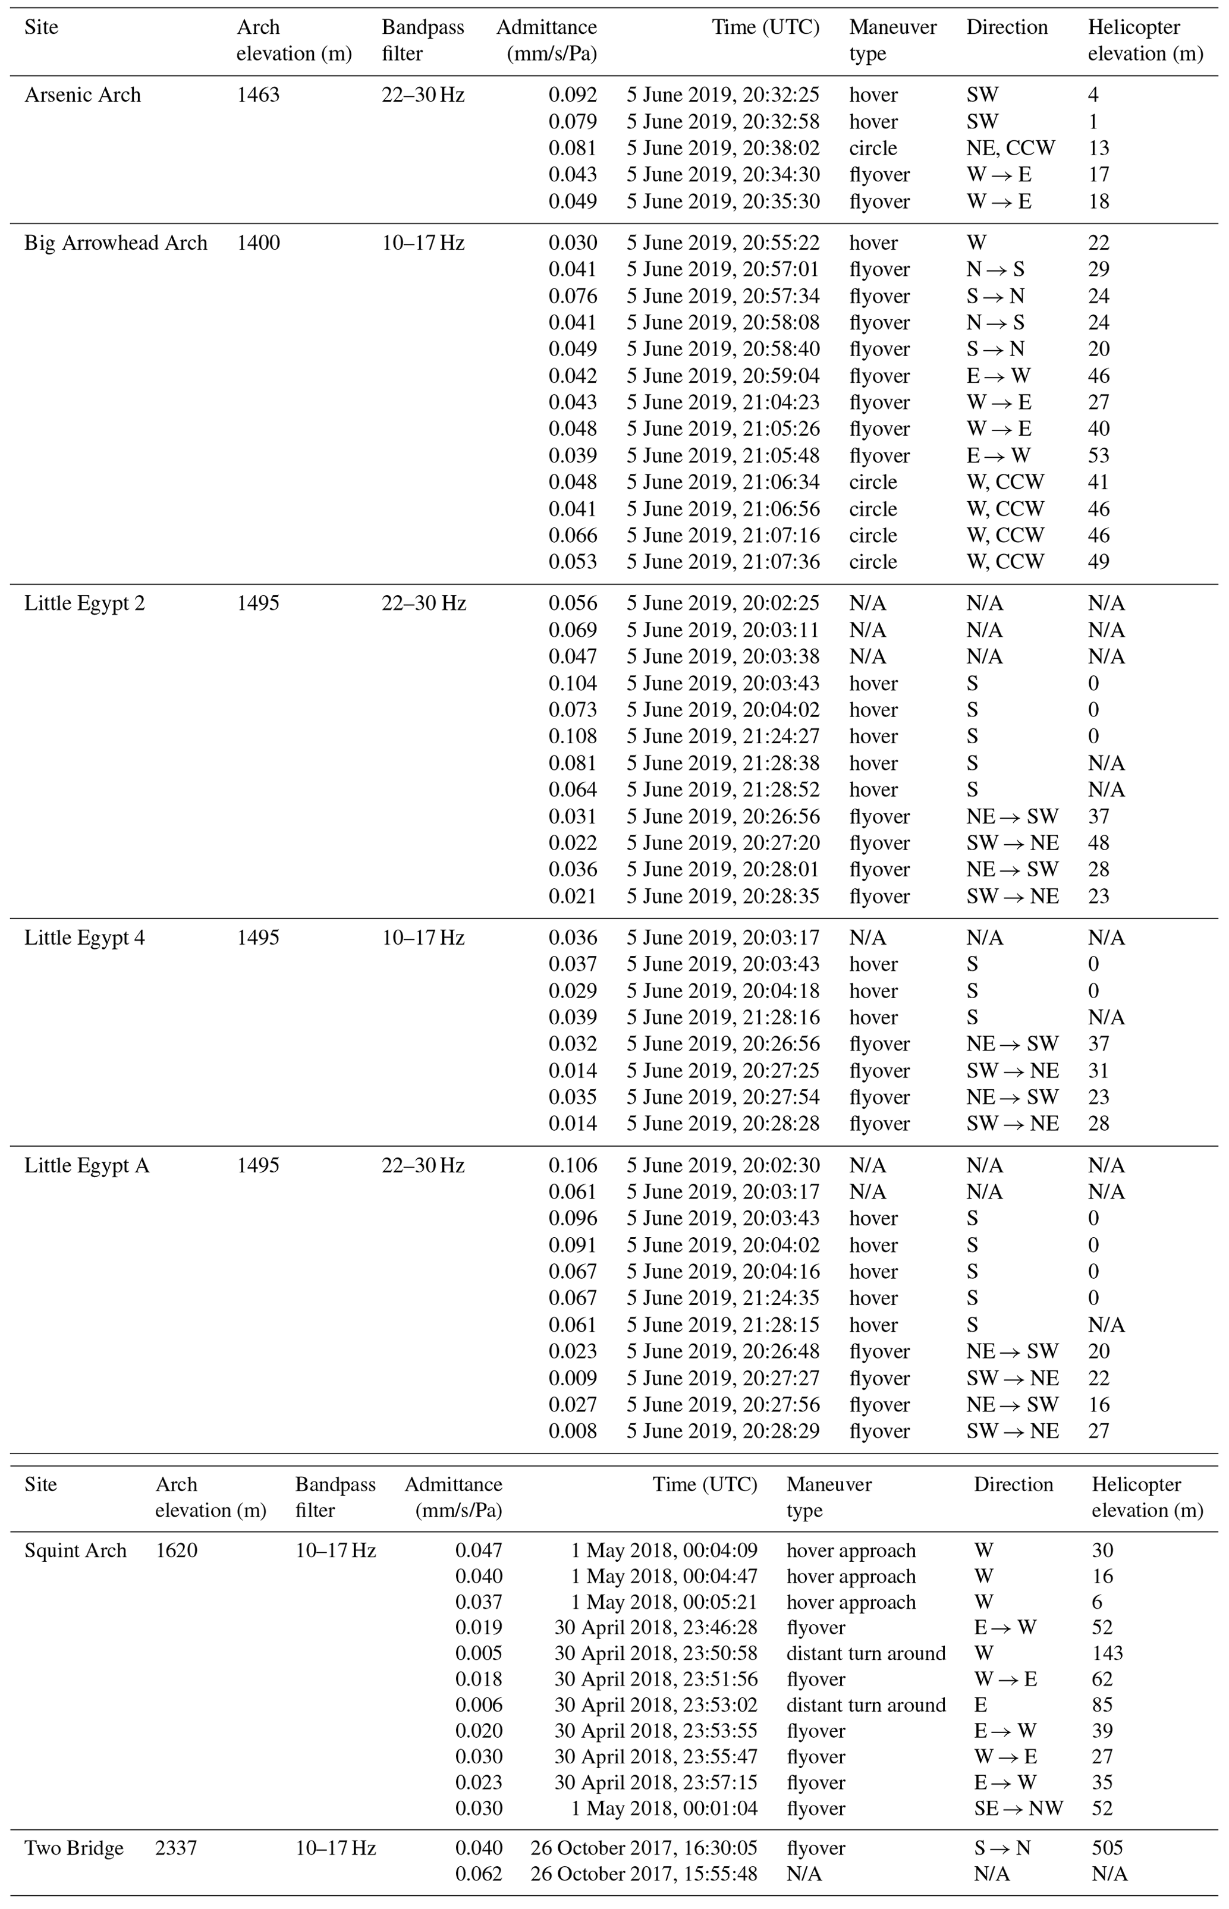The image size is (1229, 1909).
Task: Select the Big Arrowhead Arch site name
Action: [x=116, y=243]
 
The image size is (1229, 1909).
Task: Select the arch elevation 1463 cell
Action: [x=258, y=95]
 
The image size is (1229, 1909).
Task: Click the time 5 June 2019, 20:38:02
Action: [x=722, y=149]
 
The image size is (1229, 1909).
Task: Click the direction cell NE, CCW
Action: [x=1010, y=149]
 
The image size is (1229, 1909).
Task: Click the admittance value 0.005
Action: [x=479, y=1653]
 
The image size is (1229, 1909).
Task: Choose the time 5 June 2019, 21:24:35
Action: [x=722, y=1298]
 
